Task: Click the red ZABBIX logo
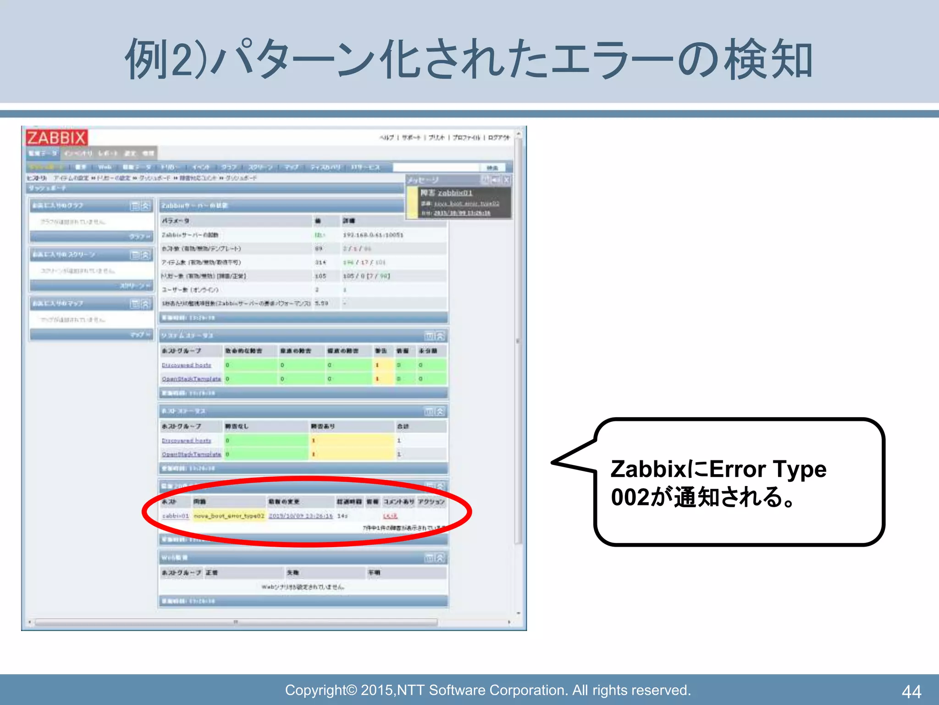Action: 56,137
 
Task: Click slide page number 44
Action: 911,691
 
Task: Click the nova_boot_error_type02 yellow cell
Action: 229,516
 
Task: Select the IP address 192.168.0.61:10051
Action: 373,235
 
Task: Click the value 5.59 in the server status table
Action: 321,303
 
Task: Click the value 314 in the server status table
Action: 320,263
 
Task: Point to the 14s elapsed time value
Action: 342,516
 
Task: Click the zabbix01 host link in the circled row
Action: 175,516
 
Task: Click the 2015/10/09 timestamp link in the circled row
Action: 300,516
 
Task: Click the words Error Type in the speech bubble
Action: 768,469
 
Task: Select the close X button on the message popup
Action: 506,180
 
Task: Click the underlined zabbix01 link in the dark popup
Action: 454,193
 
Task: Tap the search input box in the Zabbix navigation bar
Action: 436,168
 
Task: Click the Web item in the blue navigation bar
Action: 105,168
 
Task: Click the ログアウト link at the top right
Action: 498,138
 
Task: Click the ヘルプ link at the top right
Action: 387,138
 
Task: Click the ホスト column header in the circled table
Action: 169,502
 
